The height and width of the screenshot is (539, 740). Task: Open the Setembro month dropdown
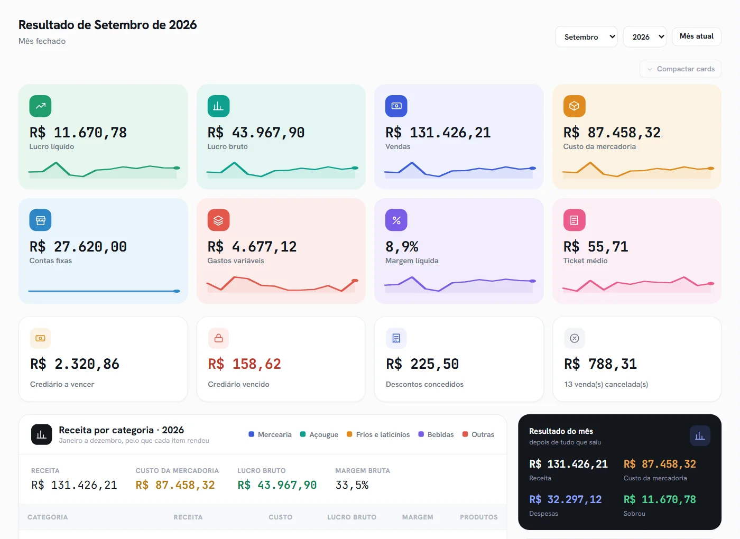tap(586, 36)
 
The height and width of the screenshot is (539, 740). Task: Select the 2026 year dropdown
tap(644, 36)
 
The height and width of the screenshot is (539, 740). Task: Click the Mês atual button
tap(697, 36)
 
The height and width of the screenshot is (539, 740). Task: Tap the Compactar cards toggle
tap(680, 69)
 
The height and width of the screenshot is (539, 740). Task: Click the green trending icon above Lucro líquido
tap(40, 106)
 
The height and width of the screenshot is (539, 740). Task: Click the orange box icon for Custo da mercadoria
tap(574, 106)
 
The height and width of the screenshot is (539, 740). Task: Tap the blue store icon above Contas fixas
tap(40, 220)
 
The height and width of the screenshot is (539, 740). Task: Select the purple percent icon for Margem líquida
tap(396, 220)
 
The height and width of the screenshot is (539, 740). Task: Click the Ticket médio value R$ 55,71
tap(596, 247)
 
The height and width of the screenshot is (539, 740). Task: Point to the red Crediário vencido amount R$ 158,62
tap(244, 364)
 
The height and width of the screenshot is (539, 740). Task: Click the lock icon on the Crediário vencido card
tap(218, 338)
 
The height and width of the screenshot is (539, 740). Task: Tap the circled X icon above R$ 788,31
tap(574, 338)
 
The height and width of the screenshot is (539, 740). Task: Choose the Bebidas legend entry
tap(436, 434)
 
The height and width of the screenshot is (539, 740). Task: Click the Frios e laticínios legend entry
tap(378, 434)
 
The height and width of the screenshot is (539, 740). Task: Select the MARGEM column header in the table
tap(418, 517)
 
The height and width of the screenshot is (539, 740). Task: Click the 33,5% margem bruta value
tap(352, 485)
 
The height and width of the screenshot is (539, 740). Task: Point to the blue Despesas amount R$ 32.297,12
tap(565, 499)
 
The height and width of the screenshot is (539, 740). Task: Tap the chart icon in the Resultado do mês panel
tap(700, 435)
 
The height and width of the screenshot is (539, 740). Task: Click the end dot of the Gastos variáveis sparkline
tap(355, 281)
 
